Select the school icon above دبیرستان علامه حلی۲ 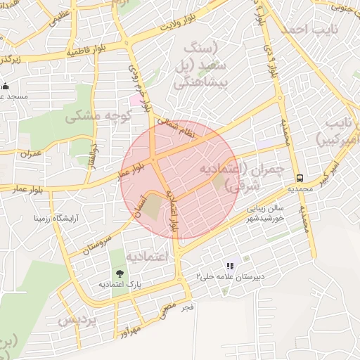pyautogui.click(x=229, y=266)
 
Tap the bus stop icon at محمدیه pyautogui.click(x=300, y=178)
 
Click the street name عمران pyautogui.click(x=32, y=152)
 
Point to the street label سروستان pyautogui.click(x=98, y=240)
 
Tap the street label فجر pyautogui.click(x=187, y=308)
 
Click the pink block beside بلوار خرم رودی pyautogui.click(x=134, y=100)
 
